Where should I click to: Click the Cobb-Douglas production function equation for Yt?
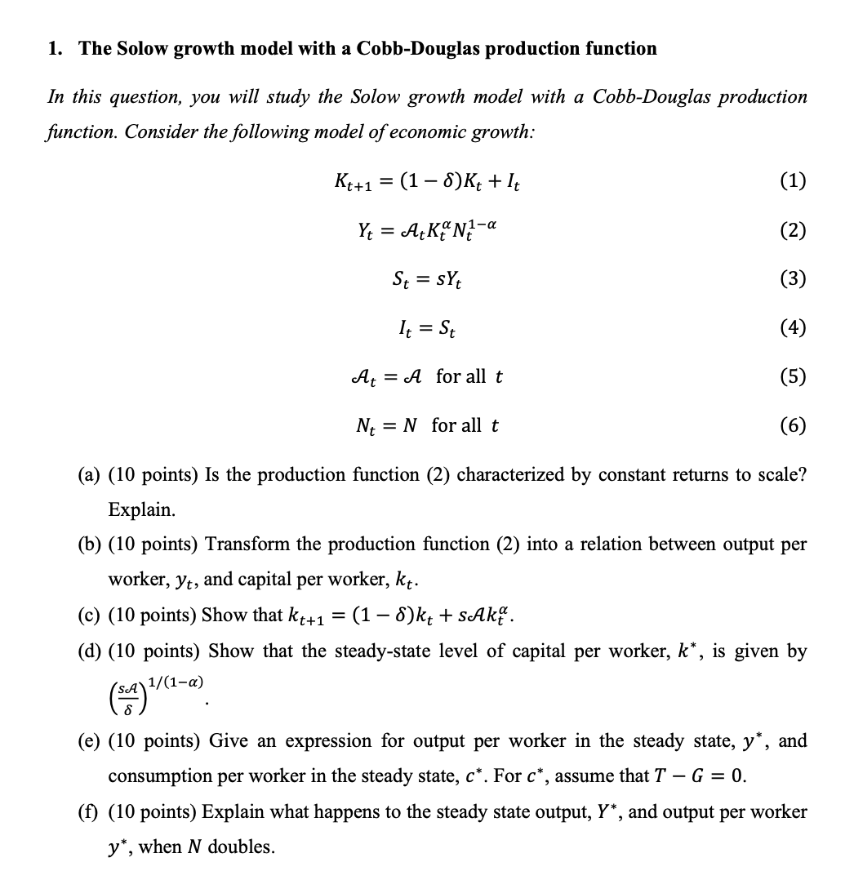pos(427,230)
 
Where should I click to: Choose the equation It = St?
pos(426,328)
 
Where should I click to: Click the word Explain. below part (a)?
pos(141,510)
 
